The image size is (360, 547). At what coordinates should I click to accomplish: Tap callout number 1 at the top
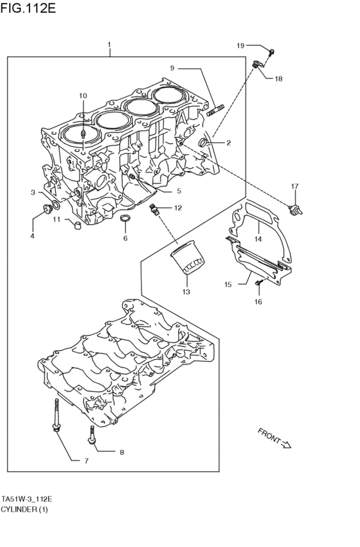(x=110, y=45)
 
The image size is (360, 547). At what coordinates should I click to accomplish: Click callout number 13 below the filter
(x=186, y=292)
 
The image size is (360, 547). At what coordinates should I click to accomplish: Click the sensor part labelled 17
(x=296, y=208)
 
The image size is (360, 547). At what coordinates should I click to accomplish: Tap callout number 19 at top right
(x=240, y=45)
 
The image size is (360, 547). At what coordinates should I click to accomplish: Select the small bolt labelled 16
(x=258, y=282)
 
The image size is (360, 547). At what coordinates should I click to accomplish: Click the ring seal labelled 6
(x=125, y=222)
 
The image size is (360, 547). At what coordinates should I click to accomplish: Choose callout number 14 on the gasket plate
(x=258, y=238)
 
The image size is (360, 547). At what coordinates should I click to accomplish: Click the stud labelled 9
(x=215, y=110)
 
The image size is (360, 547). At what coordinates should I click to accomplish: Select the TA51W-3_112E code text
(x=26, y=499)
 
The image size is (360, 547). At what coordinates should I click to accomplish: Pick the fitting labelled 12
(x=154, y=209)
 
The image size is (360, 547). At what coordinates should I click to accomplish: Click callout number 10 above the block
(x=83, y=96)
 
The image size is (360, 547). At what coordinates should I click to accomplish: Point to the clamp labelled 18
(x=256, y=64)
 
